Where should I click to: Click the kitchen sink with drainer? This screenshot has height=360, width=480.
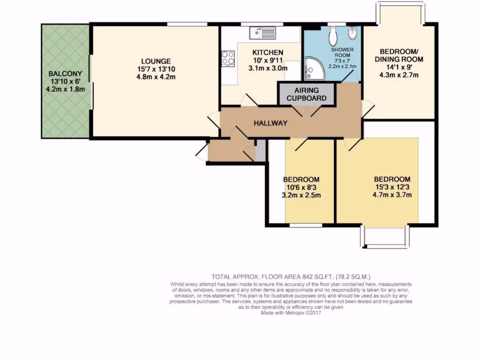[263, 32]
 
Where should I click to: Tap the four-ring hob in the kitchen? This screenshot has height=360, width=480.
[228, 59]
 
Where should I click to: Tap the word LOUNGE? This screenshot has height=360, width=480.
[156, 61]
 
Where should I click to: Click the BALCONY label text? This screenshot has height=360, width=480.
[65, 74]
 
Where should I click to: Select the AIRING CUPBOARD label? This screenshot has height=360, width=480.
[307, 94]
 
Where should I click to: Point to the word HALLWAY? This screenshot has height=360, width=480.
[270, 123]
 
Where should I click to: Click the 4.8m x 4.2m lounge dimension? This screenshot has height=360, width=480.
[156, 77]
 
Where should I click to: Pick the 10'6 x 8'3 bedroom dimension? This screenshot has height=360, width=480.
[301, 187]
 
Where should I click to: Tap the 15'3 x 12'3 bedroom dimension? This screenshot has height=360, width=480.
[392, 187]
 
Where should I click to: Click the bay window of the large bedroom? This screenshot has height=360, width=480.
[384, 237]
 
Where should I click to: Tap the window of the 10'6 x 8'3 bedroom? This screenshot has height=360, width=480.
[305, 225]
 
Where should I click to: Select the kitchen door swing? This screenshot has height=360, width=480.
[248, 100]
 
